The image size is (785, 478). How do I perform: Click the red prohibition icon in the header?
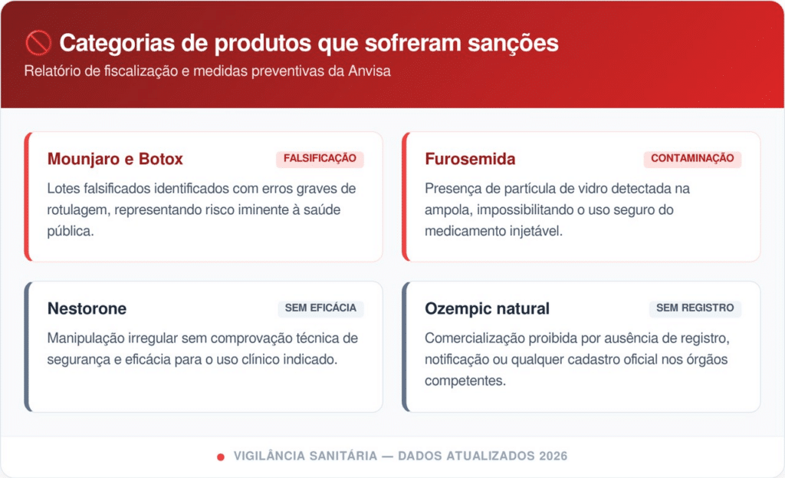click(x=38, y=43)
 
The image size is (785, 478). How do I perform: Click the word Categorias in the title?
click(x=117, y=43)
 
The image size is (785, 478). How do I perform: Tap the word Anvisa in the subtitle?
click(x=370, y=71)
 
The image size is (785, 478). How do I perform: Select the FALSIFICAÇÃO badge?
click(x=320, y=159)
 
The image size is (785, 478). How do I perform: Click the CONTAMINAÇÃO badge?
click(x=692, y=159)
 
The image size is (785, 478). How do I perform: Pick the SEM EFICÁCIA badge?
click(x=320, y=308)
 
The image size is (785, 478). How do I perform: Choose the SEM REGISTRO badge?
click(x=695, y=308)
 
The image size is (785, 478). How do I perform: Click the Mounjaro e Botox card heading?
click(x=115, y=159)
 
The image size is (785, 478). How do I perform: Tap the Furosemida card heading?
click(x=470, y=159)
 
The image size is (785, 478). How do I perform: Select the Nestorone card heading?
click(x=87, y=308)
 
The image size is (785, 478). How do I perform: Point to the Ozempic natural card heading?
click(x=487, y=308)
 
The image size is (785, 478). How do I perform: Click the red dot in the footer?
click(x=220, y=457)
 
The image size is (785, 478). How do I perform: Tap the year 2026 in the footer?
click(x=553, y=456)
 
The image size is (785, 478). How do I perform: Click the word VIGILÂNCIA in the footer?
click(x=269, y=456)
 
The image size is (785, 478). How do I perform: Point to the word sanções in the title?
click(x=513, y=43)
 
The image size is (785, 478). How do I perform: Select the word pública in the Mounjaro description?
click(x=71, y=232)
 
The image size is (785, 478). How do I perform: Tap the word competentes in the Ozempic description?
click(x=465, y=381)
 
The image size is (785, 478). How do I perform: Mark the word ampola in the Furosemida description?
click(x=448, y=210)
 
